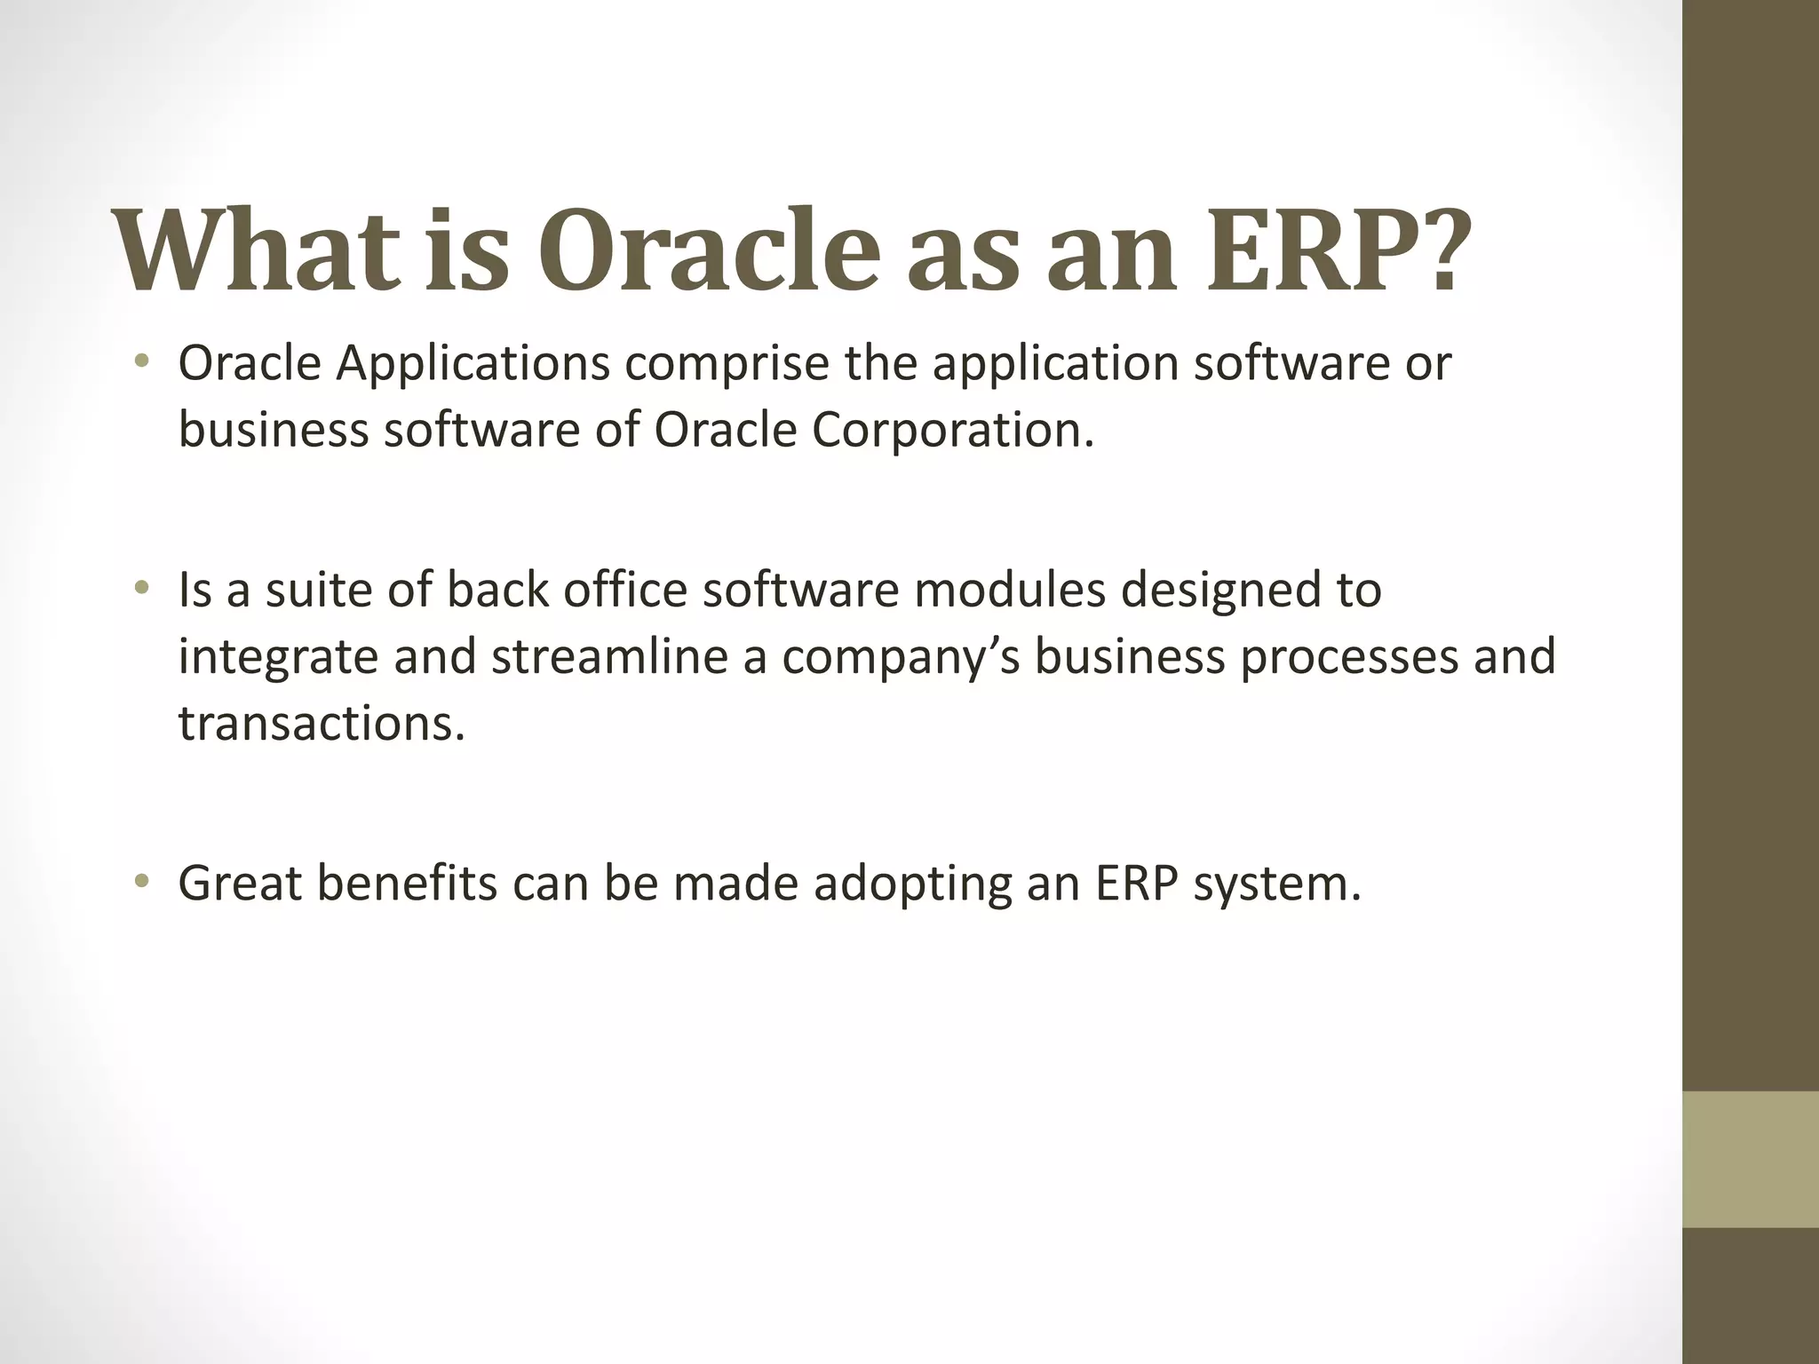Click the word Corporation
tap(951, 430)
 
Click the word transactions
tap(322, 723)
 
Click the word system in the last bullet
tap(1276, 884)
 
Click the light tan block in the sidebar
tap(1750, 1159)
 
